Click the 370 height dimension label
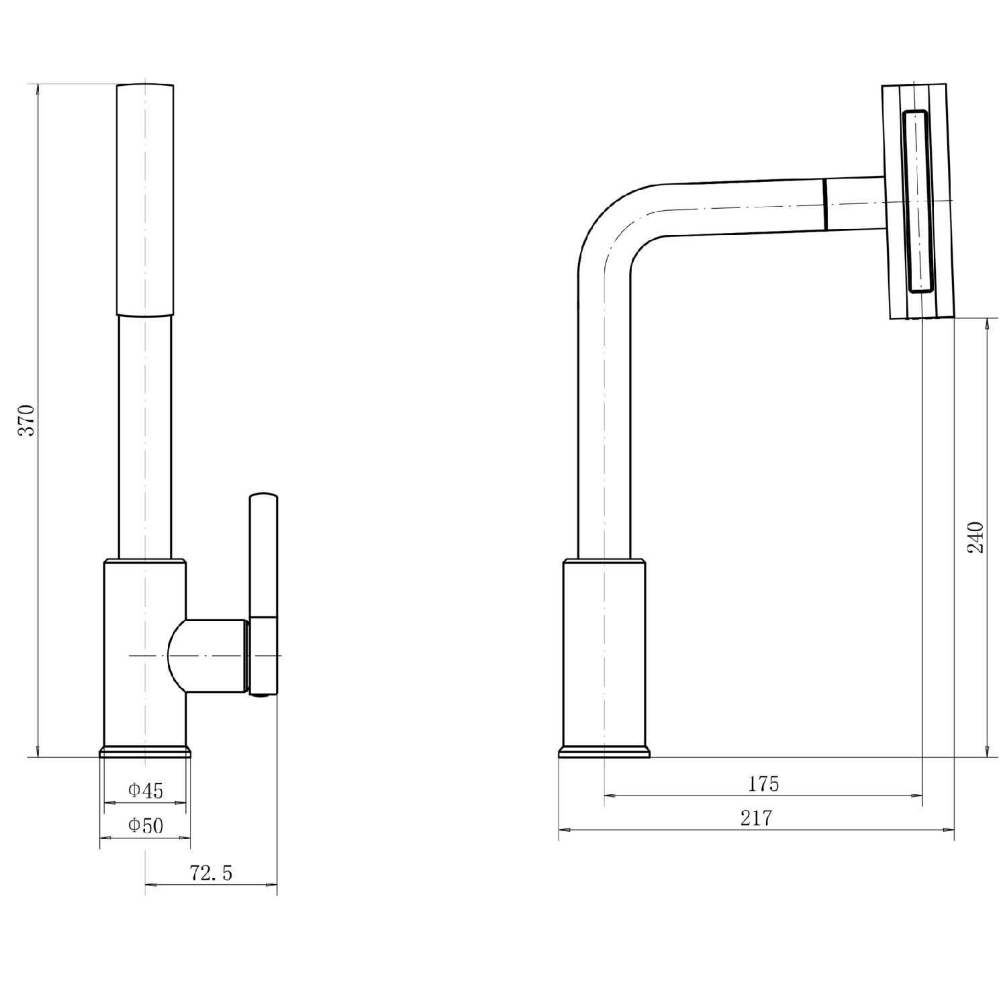26,420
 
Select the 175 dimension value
763,783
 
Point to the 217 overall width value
757,818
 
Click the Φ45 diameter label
146,790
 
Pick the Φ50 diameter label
146,825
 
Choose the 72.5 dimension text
211,873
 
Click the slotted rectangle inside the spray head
917,201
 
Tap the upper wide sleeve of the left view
145,199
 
